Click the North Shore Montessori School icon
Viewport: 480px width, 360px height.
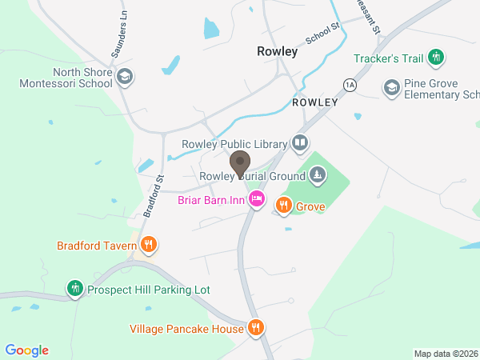(124, 76)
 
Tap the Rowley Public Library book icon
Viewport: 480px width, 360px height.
(300, 143)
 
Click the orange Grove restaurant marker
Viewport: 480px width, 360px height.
(283, 206)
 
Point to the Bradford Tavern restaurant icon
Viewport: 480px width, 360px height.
(147, 245)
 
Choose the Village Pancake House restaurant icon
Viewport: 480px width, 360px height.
(255, 327)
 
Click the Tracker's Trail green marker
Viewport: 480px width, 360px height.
(436, 58)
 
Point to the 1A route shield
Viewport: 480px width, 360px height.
(349, 84)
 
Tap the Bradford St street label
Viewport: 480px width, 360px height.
(153, 197)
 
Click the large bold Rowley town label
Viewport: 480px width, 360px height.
(278, 51)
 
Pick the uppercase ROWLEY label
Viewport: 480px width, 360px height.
(315, 103)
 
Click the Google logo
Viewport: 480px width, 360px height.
(27, 350)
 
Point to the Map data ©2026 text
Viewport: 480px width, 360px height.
(445, 354)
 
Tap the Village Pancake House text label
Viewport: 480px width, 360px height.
(186, 329)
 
